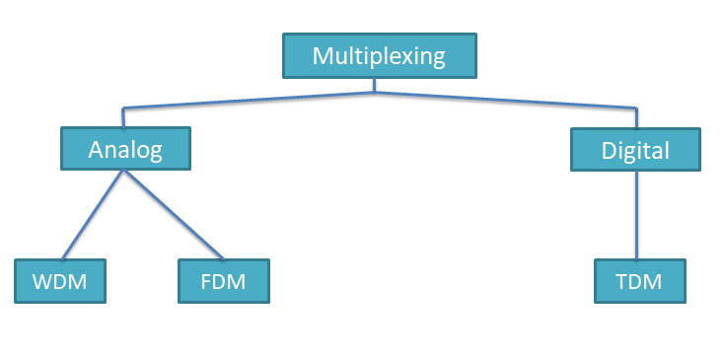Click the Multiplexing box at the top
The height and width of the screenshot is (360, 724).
[379, 55]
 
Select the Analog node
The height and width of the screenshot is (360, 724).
[124, 149]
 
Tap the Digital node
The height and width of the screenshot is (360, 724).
[635, 150]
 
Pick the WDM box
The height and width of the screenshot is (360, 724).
[59, 281]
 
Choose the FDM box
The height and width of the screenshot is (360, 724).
[223, 281]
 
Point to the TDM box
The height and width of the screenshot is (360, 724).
[638, 281]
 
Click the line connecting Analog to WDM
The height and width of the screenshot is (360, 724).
[93, 214]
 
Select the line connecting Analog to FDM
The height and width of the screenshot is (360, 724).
[174, 214]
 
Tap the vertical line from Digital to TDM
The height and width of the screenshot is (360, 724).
[635, 217]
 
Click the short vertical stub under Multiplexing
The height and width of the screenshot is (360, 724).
[375, 85]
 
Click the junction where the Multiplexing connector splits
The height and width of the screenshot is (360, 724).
[375, 93]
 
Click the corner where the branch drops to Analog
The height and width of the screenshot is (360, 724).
[122, 108]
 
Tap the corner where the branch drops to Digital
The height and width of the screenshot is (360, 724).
[635, 107]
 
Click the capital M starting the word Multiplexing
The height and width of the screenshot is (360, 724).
[323, 55]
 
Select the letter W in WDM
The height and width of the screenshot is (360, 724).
[42, 282]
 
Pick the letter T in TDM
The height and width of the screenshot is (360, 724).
[621, 282]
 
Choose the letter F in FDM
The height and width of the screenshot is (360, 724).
[206, 282]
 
